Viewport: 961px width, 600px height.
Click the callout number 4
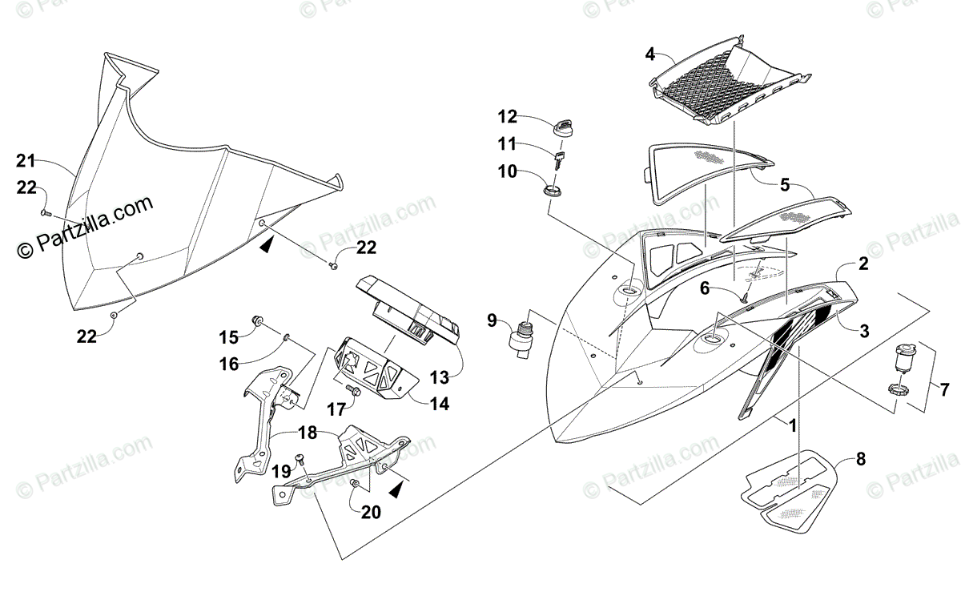[x=650, y=54]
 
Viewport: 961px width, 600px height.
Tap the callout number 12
[x=508, y=117]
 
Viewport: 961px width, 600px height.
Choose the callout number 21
[x=26, y=161]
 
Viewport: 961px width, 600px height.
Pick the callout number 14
[x=439, y=405]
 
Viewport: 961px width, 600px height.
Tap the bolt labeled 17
[x=352, y=390]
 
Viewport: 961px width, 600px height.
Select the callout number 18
[x=308, y=433]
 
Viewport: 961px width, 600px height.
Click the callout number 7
[x=944, y=390]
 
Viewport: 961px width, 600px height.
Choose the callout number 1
[x=792, y=425]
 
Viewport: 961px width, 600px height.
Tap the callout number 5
[x=785, y=185]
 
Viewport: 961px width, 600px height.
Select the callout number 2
[x=863, y=264]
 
